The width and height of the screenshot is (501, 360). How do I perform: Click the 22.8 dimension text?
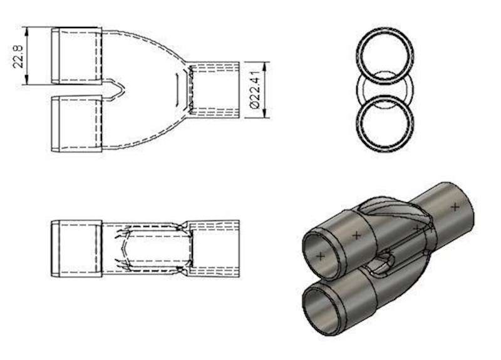coord(18,56)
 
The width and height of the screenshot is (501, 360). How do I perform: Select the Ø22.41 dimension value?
coord(255,90)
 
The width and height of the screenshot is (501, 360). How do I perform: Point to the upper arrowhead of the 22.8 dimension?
coord(27,31)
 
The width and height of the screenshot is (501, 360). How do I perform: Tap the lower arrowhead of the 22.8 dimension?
coord(27,81)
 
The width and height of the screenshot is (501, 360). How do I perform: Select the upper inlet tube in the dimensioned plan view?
coord(76,56)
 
